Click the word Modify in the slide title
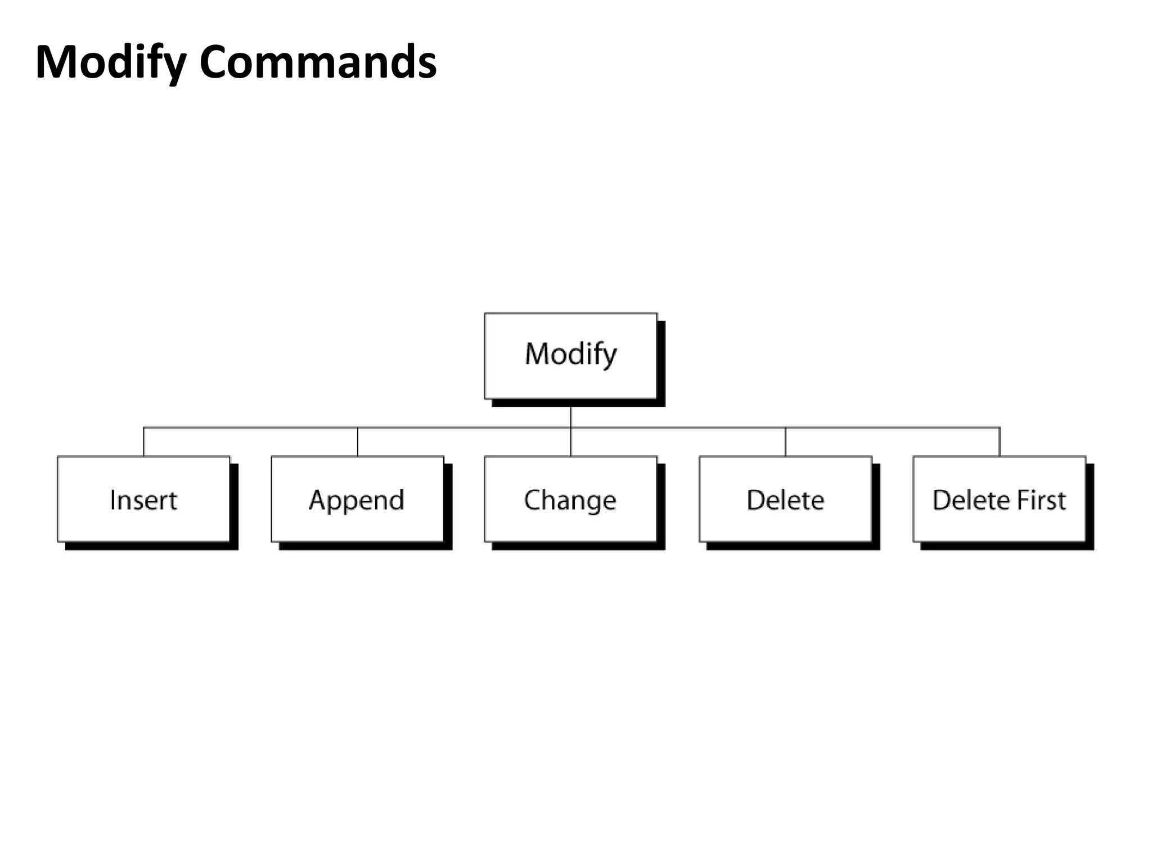pyautogui.click(x=110, y=62)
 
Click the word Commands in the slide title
pyautogui.click(x=318, y=62)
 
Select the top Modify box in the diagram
pyautogui.click(x=570, y=355)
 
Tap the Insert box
pyautogui.click(x=143, y=499)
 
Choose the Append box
pyautogui.click(x=357, y=499)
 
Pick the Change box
pyautogui.click(x=570, y=499)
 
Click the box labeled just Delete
pyautogui.click(x=785, y=499)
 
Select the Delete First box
pyautogui.click(x=999, y=499)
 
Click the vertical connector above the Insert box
pyautogui.click(x=144, y=442)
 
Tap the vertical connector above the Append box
pyautogui.click(x=358, y=442)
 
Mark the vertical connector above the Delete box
pyautogui.click(x=786, y=442)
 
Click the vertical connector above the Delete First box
pyautogui.click(x=1000, y=442)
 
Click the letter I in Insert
pyautogui.click(x=112, y=499)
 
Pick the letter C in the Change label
pyautogui.click(x=531, y=499)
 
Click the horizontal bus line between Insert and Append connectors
pyautogui.click(x=250, y=428)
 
